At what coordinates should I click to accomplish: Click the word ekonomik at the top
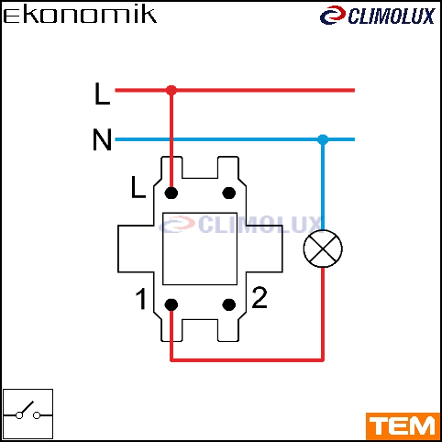click(x=80, y=16)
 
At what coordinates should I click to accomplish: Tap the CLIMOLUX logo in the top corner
click(x=377, y=16)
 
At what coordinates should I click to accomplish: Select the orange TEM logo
click(x=403, y=426)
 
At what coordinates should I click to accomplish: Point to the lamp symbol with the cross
click(x=323, y=249)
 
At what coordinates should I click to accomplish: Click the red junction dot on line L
click(x=171, y=90)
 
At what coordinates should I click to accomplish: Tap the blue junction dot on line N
click(x=323, y=139)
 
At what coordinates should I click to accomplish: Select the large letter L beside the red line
click(x=102, y=94)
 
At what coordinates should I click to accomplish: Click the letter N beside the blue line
click(x=102, y=139)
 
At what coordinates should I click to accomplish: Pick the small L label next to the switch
click(x=138, y=187)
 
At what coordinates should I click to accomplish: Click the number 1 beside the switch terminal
click(x=141, y=299)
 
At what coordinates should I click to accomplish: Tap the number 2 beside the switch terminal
click(x=260, y=297)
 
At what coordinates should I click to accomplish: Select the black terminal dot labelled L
click(x=171, y=193)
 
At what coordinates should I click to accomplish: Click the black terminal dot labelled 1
click(x=171, y=304)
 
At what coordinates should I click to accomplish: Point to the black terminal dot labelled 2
click(x=229, y=304)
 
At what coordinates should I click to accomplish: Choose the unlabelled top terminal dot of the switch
click(x=229, y=193)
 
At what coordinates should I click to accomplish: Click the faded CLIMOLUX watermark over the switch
click(x=240, y=225)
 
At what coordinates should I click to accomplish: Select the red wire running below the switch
click(x=247, y=360)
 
